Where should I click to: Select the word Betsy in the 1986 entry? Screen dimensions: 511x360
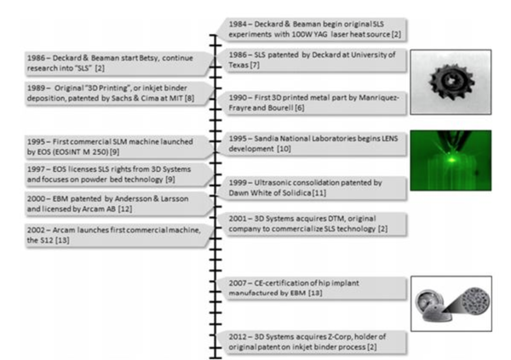pyautogui.click(x=149, y=59)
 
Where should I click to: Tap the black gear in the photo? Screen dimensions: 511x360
pyautogui.click(x=451, y=82)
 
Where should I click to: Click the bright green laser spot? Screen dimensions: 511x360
pyautogui.click(x=451, y=160)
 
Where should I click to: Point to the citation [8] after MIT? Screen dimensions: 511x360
pyautogui.click(x=189, y=98)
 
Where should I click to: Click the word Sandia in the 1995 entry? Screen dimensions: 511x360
pyautogui.click(x=266, y=139)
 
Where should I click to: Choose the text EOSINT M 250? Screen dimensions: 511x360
pyautogui.click(x=82, y=151)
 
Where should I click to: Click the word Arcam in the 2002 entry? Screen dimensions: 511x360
pyautogui.click(x=64, y=230)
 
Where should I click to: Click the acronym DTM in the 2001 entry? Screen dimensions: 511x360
pyautogui.click(x=310, y=218)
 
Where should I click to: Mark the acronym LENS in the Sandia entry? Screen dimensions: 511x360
pyautogui.click(x=390, y=139)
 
